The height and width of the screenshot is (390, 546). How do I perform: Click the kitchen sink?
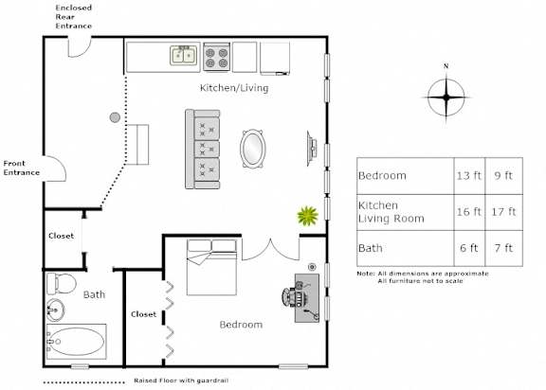184,55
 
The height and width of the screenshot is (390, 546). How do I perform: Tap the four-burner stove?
216,58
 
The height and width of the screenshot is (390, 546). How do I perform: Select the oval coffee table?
253,149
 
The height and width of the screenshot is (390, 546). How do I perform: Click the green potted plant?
308,216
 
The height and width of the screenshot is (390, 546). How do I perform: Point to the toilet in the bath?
62,283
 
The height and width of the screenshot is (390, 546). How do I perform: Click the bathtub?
76,342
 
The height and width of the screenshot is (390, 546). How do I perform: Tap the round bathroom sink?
55,310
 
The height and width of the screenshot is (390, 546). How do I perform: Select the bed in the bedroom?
211,267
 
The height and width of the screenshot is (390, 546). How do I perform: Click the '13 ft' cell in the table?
469,175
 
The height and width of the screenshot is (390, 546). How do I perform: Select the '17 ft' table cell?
503,212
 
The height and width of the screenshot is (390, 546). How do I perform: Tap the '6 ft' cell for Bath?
469,248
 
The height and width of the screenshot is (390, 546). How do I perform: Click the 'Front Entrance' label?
22,168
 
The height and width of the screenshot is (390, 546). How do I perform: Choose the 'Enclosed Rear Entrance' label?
74,17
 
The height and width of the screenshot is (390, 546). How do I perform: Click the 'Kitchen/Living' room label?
234,88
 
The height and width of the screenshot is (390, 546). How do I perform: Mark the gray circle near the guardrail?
115,117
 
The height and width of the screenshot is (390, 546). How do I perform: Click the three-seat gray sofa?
202,150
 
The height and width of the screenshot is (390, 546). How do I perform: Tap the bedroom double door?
270,249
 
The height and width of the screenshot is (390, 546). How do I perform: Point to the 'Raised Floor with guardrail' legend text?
181,381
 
